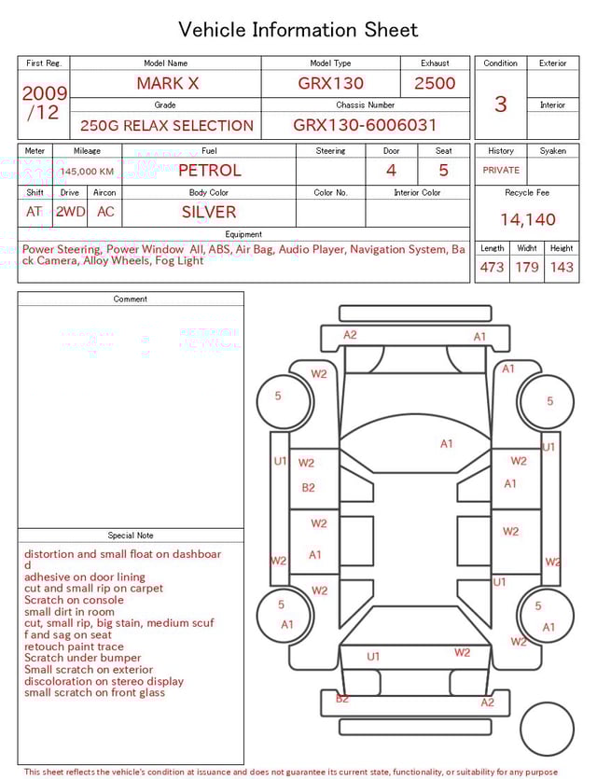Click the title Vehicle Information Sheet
(298, 30)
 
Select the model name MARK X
(168, 83)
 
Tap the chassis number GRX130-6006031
(365, 125)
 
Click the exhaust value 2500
(435, 83)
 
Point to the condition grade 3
(501, 104)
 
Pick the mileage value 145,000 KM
(88, 172)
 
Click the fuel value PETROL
(209, 170)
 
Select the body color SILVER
(209, 212)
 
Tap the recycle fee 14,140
(527, 219)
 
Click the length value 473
(492, 267)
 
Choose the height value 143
(562, 267)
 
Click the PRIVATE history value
(501, 170)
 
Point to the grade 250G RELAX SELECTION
(167, 125)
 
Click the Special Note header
(131, 536)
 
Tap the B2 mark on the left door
(308, 487)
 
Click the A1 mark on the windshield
(447, 444)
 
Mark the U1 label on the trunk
(373, 657)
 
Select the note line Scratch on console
(74, 600)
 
